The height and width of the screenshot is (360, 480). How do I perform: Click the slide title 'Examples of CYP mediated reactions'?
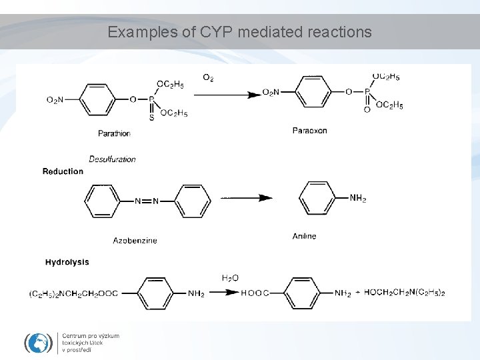240,31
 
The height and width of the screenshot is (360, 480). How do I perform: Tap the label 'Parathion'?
114,133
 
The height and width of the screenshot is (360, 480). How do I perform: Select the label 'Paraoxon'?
309,131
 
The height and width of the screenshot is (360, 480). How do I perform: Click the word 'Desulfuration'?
112,159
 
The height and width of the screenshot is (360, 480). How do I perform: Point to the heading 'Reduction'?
63,171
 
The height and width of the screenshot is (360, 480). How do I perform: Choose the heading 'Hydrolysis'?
67,262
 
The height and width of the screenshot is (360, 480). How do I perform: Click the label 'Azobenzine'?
135,240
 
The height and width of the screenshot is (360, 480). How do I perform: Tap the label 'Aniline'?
304,236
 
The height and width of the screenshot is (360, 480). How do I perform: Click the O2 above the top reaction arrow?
209,78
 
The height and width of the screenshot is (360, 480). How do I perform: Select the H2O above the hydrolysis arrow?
230,277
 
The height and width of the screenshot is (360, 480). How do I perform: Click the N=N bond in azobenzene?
147,201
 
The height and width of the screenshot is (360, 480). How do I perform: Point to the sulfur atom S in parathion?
151,117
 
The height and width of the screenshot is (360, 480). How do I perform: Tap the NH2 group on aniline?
358,198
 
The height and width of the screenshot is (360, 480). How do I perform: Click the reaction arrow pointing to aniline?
246,198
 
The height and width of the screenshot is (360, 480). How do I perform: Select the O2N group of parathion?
55,100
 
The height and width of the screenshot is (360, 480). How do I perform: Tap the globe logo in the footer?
38,342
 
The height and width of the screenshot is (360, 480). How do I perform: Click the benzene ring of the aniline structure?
320,198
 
